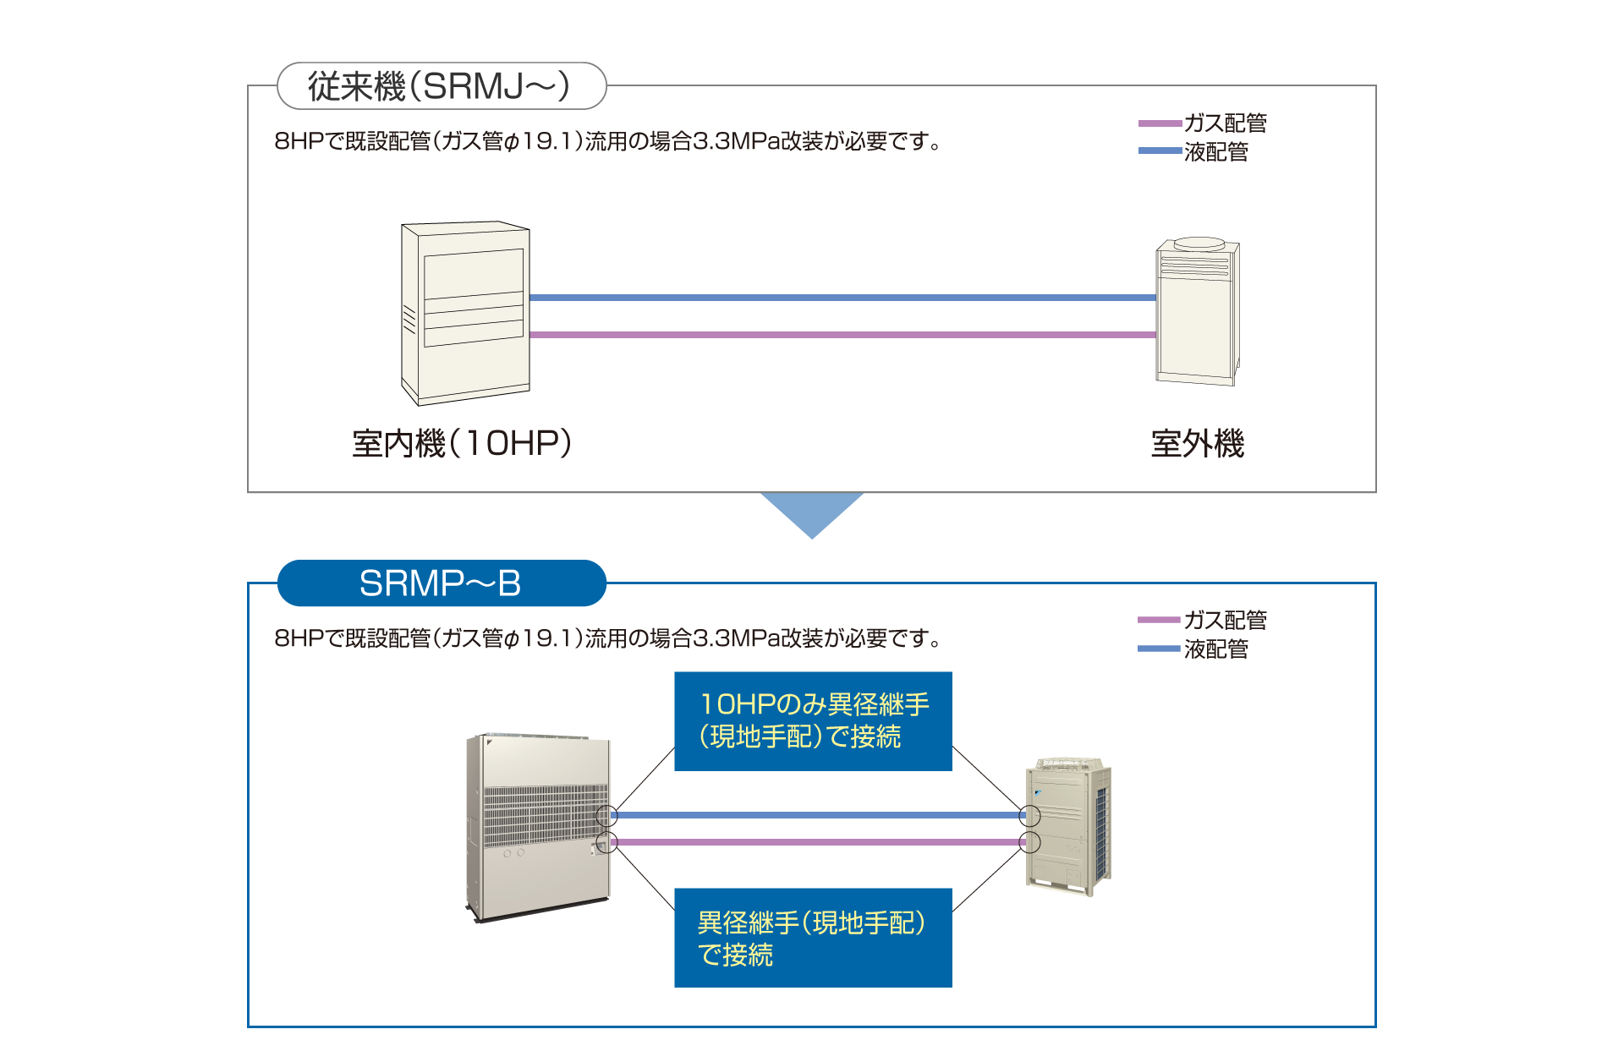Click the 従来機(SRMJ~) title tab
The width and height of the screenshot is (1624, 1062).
click(x=441, y=86)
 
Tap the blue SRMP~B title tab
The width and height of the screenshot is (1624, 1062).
click(x=441, y=583)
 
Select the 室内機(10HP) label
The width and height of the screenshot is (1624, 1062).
click(x=462, y=444)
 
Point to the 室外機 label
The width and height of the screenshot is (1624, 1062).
click(x=1197, y=444)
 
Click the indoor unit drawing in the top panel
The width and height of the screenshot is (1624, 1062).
click(x=465, y=313)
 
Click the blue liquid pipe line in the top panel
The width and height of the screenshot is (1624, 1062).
click(x=842, y=298)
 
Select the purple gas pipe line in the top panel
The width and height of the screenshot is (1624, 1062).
click(x=842, y=335)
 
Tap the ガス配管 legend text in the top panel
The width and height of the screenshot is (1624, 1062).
click(x=1225, y=123)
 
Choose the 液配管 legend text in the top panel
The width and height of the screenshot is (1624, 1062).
click(x=1216, y=152)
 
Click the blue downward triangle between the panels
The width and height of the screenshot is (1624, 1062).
click(x=812, y=512)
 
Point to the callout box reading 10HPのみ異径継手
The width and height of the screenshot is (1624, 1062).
click(x=813, y=721)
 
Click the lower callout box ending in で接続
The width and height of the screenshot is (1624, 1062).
click(x=813, y=938)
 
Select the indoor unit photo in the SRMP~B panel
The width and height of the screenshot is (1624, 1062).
click(x=538, y=827)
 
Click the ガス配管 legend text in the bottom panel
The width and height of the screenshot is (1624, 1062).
click(x=1225, y=621)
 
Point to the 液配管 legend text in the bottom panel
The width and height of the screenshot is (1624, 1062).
click(x=1216, y=649)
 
